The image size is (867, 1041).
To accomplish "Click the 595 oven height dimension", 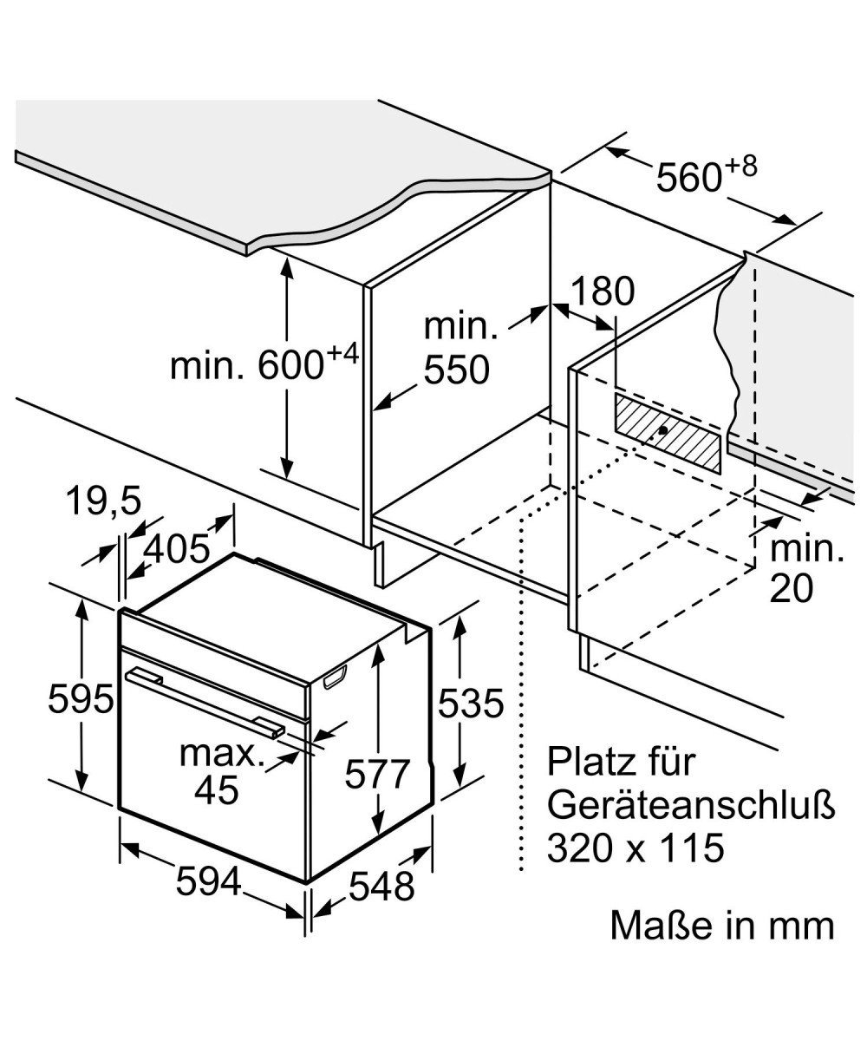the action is click(81, 699).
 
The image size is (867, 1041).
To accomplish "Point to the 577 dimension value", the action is click(376, 774).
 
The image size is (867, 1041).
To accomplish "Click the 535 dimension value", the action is click(471, 704).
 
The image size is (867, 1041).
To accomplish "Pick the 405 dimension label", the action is click(176, 548).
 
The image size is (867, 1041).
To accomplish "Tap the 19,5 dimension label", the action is click(104, 501).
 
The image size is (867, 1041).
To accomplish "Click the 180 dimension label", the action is click(603, 291).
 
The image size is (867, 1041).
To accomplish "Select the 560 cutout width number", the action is click(689, 177).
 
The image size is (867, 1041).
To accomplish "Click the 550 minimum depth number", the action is click(457, 370).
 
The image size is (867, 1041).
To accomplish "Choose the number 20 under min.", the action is click(792, 589).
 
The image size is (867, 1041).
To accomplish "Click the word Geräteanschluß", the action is click(691, 805).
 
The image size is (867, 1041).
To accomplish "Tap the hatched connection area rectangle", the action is click(668, 432).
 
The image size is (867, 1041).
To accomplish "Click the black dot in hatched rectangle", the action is click(662, 429).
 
